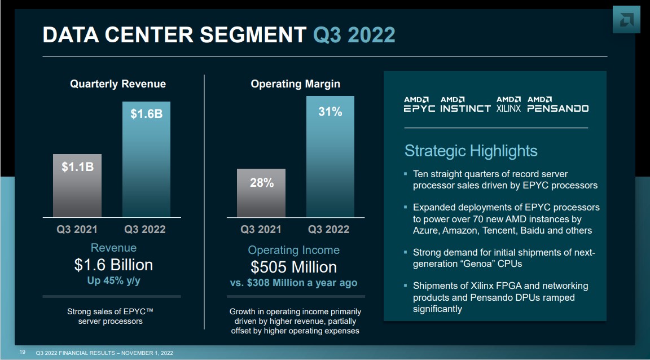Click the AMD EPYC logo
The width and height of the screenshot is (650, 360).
419,104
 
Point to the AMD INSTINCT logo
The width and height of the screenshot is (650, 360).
465,104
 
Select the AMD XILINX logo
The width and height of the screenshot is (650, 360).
508,104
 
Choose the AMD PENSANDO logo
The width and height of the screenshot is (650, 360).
557,104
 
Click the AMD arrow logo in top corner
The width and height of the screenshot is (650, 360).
626,20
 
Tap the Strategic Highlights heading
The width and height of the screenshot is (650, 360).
471,151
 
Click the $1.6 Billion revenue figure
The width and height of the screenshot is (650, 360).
113,265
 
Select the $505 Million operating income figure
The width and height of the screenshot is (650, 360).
293,266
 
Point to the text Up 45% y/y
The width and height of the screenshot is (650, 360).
113,280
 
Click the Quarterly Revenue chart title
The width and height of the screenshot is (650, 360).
118,84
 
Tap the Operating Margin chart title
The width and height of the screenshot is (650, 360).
295,84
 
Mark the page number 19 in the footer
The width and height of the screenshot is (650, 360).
23,353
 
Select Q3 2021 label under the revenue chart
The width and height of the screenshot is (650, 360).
77,229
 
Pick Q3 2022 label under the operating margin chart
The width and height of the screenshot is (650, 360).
328,229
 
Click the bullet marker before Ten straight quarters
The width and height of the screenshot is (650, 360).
406,174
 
